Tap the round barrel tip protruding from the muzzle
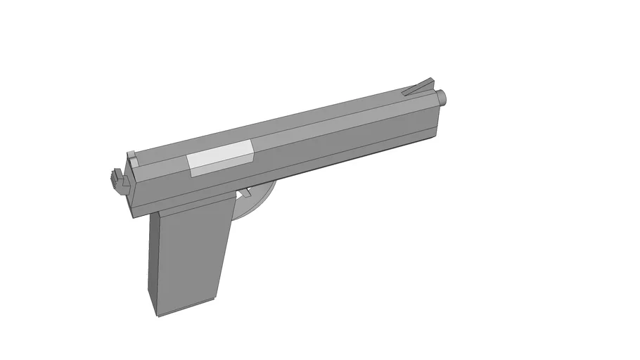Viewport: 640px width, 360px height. (x=442, y=98)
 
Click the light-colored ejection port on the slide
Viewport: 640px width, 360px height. (x=221, y=158)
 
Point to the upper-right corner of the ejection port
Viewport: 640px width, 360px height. (x=252, y=141)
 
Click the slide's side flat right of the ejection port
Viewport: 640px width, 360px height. (x=338, y=134)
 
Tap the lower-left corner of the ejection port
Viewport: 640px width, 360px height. (x=192, y=174)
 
